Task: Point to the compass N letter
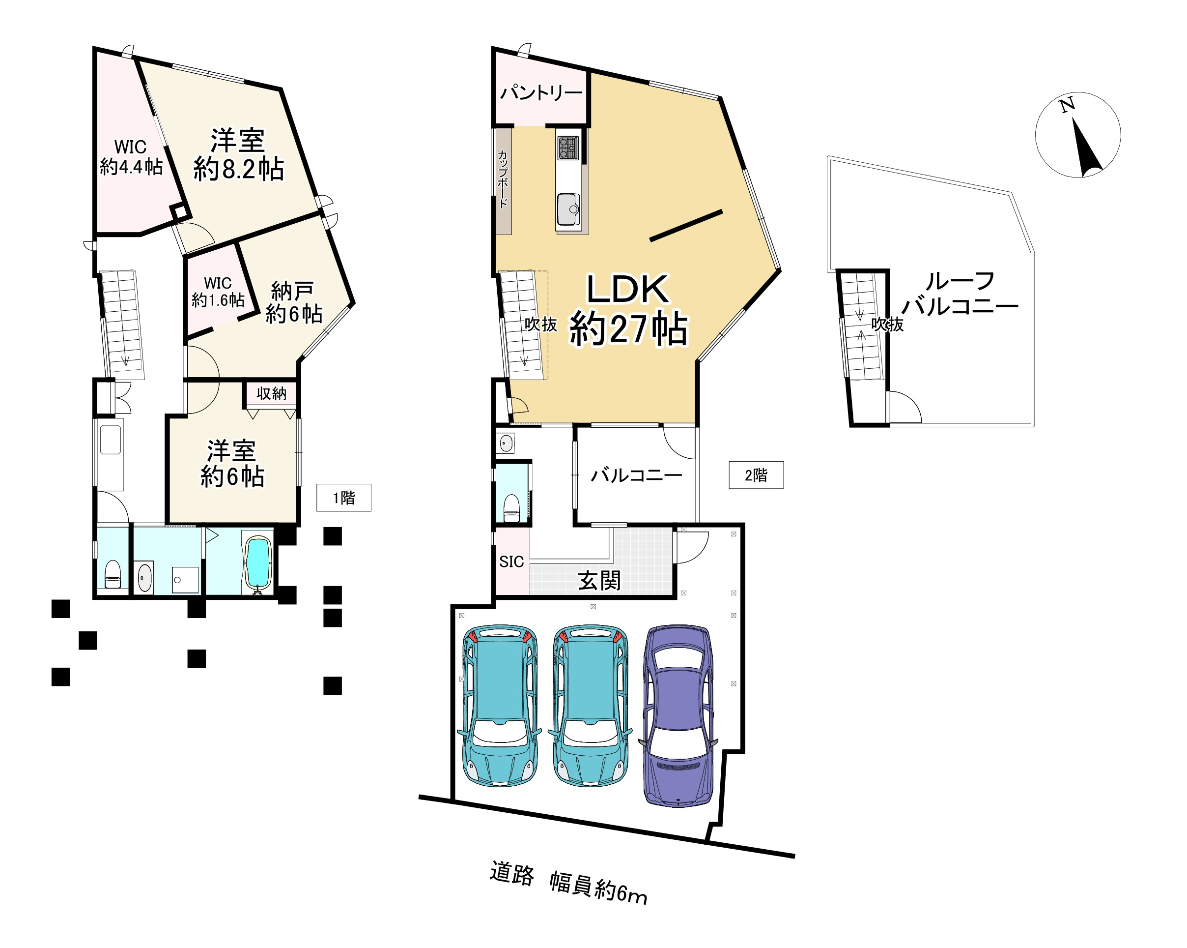[1068, 105]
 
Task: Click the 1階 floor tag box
[343, 498]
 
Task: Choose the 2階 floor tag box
[756, 475]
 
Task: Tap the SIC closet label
[511, 562]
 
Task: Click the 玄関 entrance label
[599, 581]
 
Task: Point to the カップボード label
[503, 179]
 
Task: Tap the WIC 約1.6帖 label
[218, 292]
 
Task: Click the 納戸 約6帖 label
[293, 302]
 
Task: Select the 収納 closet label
[271, 393]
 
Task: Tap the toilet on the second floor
[511, 508]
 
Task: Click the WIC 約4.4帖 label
[131, 157]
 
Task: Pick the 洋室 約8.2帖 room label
[238, 155]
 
